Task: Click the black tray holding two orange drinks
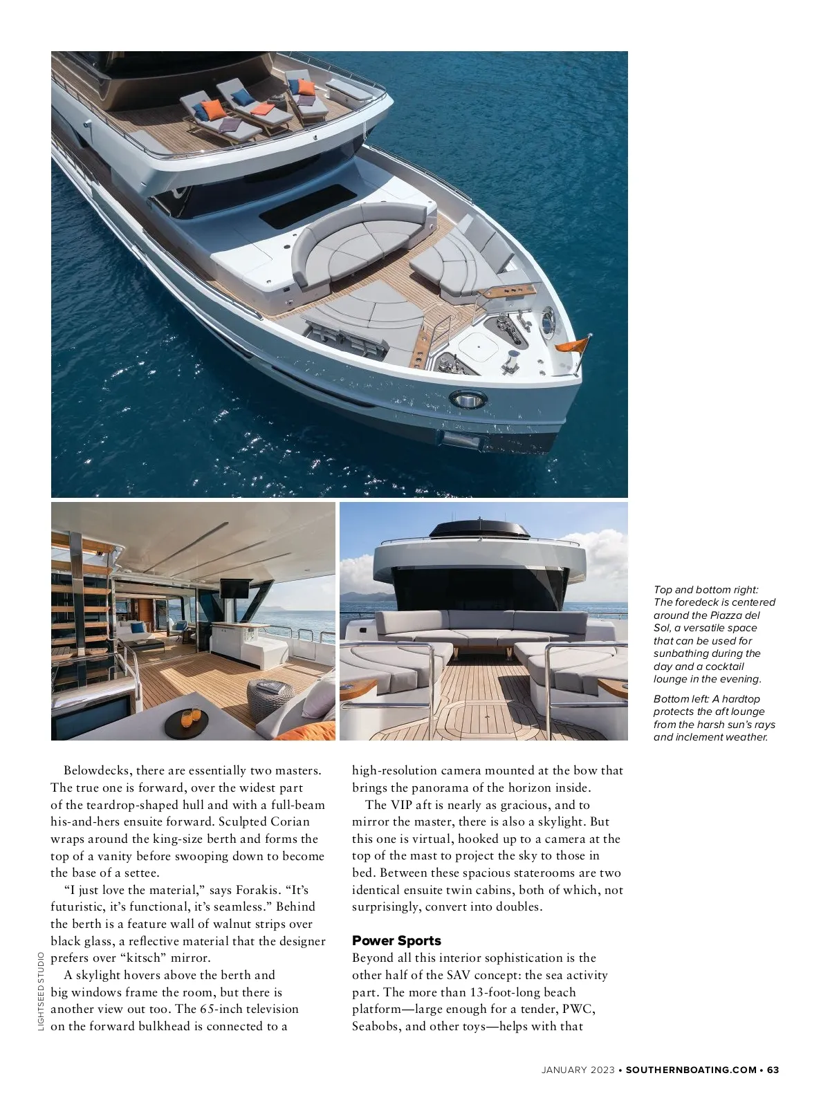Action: pos(186,723)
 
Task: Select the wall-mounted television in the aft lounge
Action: pos(235,588)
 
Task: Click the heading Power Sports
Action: pos(396,940)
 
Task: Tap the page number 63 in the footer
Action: pos(773,1070)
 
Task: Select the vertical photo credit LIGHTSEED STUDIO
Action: pos(41,992)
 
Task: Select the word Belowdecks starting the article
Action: pos(96,770)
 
